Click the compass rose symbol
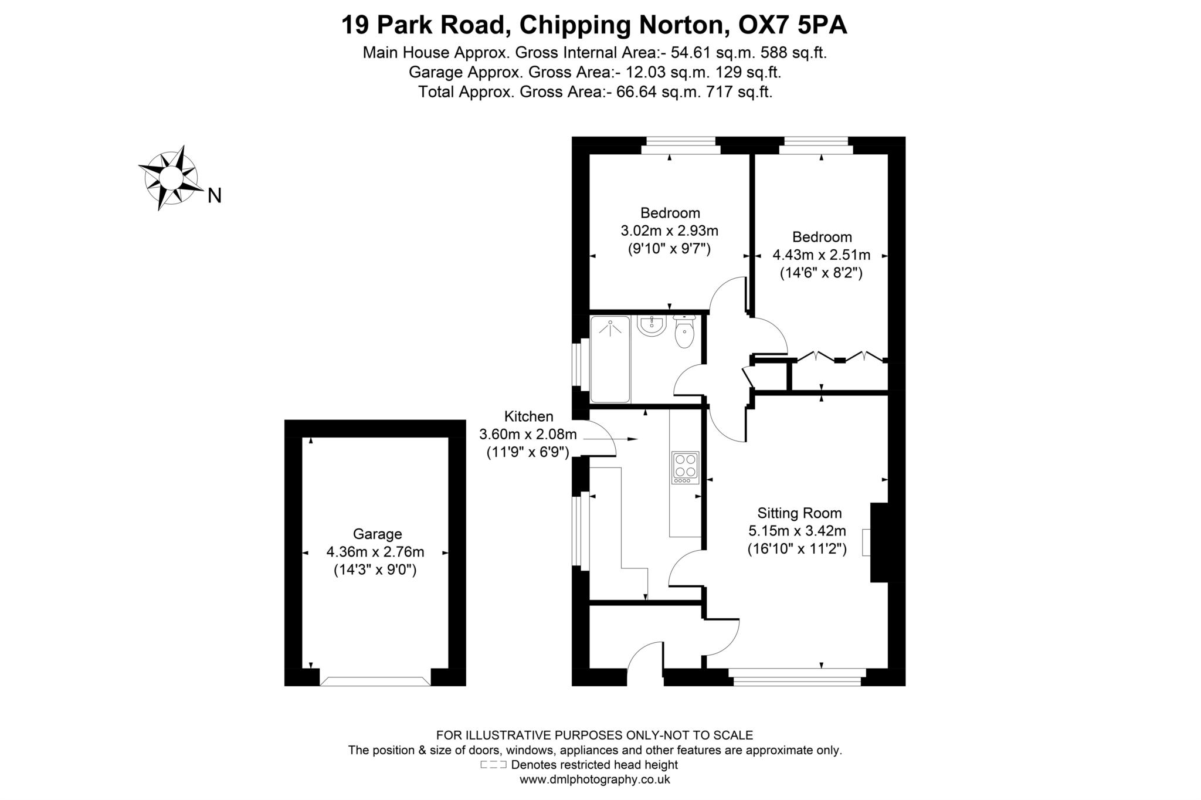[169, 177]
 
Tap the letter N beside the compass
[215, 196]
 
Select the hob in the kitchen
[685, 467]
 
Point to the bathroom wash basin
[652, 326]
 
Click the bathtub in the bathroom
[610, 360]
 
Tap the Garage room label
[377, 534]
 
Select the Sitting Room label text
[799, 513]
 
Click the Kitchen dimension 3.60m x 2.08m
[528, 435]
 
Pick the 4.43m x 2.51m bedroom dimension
[821, 255]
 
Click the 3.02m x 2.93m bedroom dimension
[669, 230]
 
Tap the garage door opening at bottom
[375, 681]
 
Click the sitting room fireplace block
[879, 543]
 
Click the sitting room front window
[798, 677]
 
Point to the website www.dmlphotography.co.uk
[595, 779]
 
